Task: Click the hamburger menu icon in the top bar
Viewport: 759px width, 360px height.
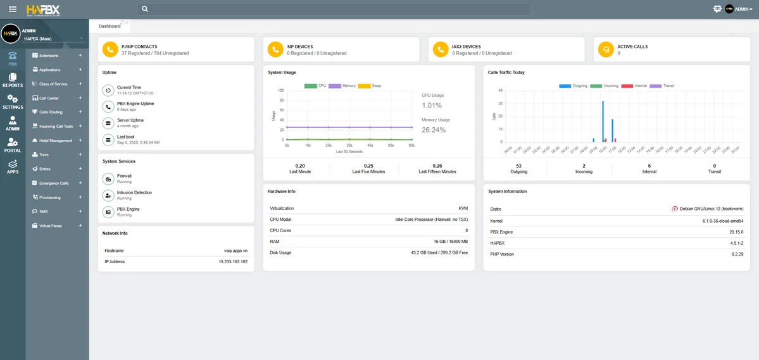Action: [x=13, y=9]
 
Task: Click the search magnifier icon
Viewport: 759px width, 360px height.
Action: [x=145, y=9]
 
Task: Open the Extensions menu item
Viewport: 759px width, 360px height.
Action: [x=49, y=56]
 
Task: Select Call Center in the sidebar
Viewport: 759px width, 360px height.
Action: [x=49, y=98]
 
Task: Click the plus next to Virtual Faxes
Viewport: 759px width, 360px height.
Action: [x=80, y=226]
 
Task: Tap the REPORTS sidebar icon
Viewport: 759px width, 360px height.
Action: [x=13, y=80]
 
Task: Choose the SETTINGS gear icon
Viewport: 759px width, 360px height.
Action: [x=13, y=101]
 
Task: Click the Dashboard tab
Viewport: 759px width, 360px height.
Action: [x=110, y=26]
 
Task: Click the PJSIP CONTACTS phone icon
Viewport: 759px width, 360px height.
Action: [x=110, y=49]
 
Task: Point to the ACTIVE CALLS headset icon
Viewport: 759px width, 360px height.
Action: [x=606, y=49]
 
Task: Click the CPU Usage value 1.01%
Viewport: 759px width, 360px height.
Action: [x=432, y=106]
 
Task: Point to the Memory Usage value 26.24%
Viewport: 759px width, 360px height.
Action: [x=434, y=130]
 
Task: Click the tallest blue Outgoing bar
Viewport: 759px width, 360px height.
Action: [x=603, y=121]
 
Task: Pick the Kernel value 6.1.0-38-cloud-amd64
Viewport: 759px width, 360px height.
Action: [x=723, y=221]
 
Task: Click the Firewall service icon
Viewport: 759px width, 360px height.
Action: [x=108, y=178]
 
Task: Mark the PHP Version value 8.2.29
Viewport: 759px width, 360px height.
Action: [x=737, y=254]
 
